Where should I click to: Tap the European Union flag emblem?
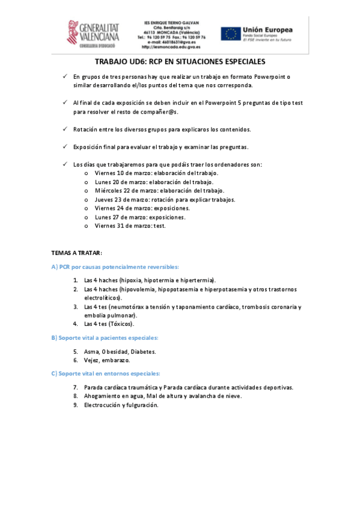tap(230, 34)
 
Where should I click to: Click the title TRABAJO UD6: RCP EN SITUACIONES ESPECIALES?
tap(180, 61)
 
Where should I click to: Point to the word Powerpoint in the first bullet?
tap(270, 76)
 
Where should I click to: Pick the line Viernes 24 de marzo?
tap(142, 208)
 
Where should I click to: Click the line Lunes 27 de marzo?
tap(140, 217)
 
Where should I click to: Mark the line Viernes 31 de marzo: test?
tap(130, 226)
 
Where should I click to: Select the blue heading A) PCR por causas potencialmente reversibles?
tap(115, 266)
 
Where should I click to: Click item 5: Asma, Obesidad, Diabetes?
tap(120, 351)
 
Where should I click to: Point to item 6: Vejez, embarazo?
tap(107, 360)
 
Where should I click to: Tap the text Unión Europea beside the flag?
tap(267, 29)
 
